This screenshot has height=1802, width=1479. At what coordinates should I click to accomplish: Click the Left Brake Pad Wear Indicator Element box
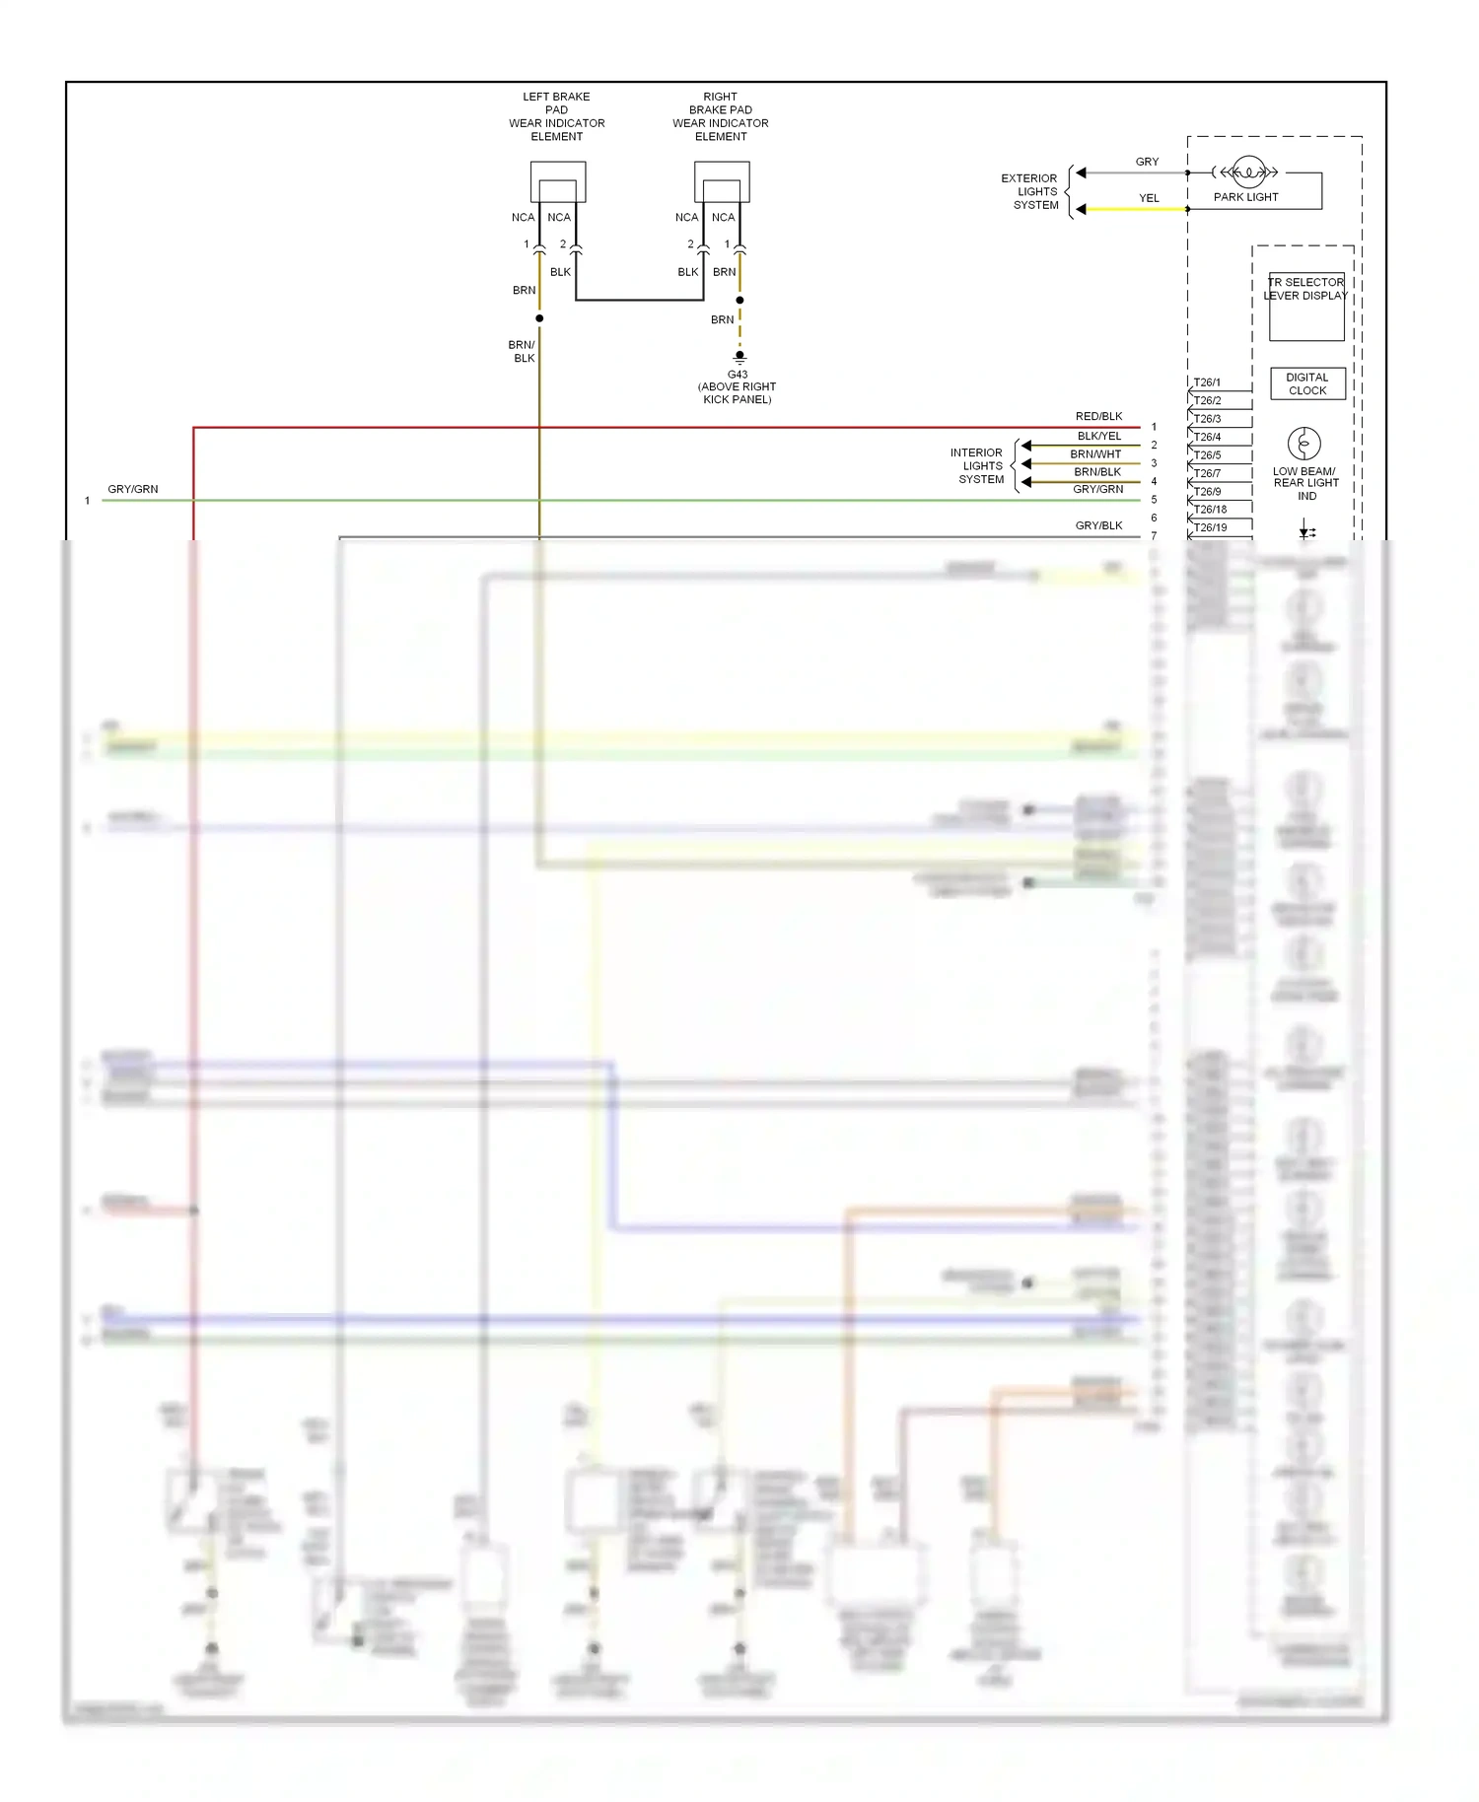pyautogui.click(x=558, y=182)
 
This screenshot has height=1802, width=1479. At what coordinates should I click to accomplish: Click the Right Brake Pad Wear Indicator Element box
pyautogui.click(x=722, y=182)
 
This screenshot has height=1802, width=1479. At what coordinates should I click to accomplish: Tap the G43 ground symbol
pyautogui.click(x=739, y=358)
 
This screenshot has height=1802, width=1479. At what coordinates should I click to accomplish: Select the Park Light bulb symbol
pyautogui.click(x=1249, y=173)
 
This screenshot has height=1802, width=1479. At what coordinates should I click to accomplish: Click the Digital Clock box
pyautogui.click(x=1307, y=384)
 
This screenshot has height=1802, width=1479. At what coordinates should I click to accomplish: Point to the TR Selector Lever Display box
pyautogui.click(x=1305, y=308)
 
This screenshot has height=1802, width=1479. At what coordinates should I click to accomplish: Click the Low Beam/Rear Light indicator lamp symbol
pyautogui.click(x=1303, y=444)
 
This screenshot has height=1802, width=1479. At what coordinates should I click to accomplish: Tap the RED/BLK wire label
pyautogui.click(x=1098, y=417)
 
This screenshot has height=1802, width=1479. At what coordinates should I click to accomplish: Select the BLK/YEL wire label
pyautogui.click(x=1098, y=436)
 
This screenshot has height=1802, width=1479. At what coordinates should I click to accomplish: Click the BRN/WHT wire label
pyautogui.click(x=1095, y=454)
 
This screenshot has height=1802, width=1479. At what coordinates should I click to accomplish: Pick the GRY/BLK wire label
pyautogui.click(x=1098, y=526)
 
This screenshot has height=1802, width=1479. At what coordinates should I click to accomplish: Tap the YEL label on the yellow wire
pyautogui.click(x=1149, y=198)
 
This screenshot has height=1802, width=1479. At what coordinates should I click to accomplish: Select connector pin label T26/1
pyautogui.click(x=1207, y=382)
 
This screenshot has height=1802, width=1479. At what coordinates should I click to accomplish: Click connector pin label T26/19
pyautogui.click(x=1210, y=527)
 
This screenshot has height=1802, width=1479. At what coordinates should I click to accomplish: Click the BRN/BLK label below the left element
pyautogui.click(x=523, y=352)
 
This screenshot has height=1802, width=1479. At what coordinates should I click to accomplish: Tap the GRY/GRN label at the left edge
pyautogui.click(x=132, y=489)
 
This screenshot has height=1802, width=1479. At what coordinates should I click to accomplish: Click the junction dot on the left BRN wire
pyautogui.click(x=539, y=318)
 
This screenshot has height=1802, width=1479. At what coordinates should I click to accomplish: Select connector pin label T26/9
pyautogui.click(x=1207, y=491)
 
